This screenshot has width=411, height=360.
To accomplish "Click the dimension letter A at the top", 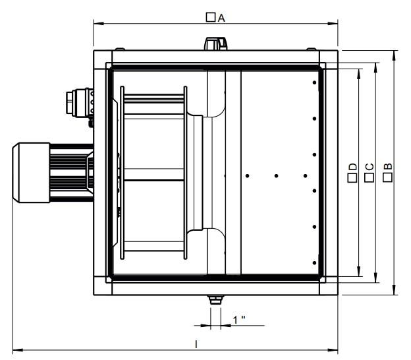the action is coord(221,18).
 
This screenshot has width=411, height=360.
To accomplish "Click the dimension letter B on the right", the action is coord(388,166).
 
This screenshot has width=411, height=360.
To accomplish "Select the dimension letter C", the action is coord(370,167).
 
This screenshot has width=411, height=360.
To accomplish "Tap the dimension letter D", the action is coord(353,167).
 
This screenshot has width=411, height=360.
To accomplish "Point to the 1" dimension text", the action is coord(239,320).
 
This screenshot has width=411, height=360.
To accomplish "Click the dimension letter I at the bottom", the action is coord(196,344).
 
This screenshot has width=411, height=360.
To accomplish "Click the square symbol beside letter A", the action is coord(211,17).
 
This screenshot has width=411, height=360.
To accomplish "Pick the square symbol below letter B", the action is coord(388,177).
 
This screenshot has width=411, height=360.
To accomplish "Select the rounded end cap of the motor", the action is coord(16,173).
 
